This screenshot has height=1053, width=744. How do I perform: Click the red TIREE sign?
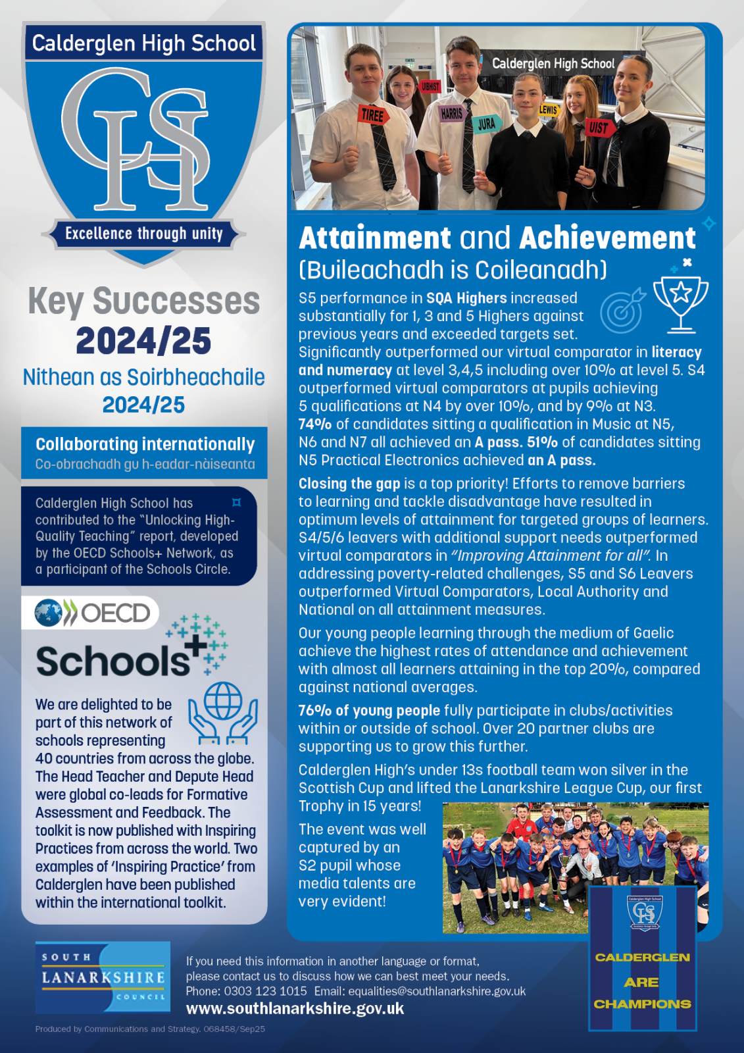point(372,115)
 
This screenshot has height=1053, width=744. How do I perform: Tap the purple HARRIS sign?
point(451,113)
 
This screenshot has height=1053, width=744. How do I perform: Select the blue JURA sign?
point(486,124)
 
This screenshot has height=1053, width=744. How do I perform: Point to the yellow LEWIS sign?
point(548,110)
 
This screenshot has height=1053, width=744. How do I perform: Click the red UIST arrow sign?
point(599,127)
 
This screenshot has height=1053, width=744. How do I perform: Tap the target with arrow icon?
point(622,309)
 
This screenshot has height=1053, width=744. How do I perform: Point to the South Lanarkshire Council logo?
point(103,977)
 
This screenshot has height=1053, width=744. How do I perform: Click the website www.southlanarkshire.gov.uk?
point(295,1008)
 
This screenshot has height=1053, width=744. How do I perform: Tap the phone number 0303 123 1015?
point(265,990)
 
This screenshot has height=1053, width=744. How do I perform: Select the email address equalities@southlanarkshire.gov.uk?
point(437,990)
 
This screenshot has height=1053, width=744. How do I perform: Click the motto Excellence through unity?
point(143,234)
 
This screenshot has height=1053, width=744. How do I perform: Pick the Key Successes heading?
point(143,301)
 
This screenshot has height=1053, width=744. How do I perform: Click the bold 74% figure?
point(315,424)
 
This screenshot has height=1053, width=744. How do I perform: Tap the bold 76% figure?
point(315,710)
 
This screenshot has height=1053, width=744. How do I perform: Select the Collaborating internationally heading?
point(145,444)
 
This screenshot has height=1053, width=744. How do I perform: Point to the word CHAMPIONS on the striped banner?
point(642,1004)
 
